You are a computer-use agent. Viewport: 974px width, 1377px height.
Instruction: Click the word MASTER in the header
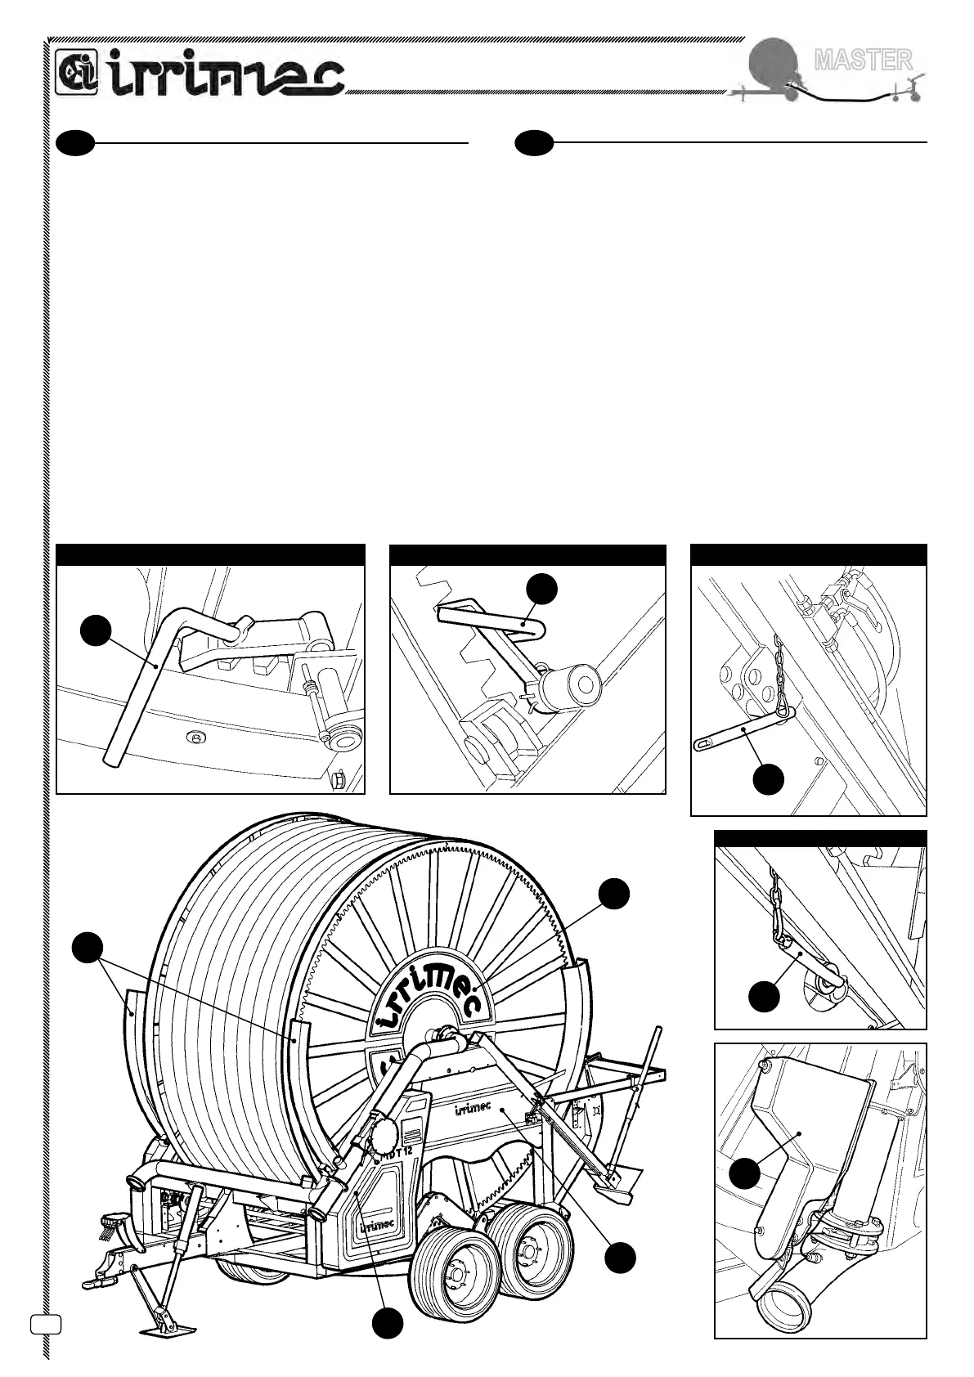tap(863, 59)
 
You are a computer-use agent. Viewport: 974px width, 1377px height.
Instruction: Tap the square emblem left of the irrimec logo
tap(77, 73)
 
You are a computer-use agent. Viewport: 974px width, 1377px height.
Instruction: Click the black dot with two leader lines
tap(86, 949)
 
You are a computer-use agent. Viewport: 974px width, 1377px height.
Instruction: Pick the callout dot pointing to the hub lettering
tap(613, 894)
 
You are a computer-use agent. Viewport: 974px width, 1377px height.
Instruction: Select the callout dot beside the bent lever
tap(96, 630)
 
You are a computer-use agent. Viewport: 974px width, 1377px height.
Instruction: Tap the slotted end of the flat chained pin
tap(705, 743)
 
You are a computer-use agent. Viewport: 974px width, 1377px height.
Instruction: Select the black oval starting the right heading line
tap(534, 142)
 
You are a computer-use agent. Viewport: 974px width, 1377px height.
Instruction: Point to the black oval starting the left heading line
tap(76, 142)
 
